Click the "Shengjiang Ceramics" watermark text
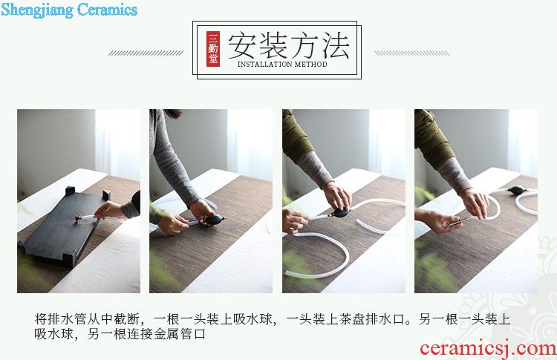pyautogui.click(x=69, y=10)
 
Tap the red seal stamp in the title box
pyautogui.click(x=213, y=49)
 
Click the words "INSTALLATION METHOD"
pyautogui.click(x=282, y=65)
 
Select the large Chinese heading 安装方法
pyautogui.click(x=288, y=45)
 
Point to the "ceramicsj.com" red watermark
pyautogui.click(x=488, y=348)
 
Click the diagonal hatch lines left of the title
pyautogui.click(x=146, y=53)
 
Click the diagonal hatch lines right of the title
pyautogui.click(x=411, y=53)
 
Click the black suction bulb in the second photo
pyautogui.click(x=214, y=220)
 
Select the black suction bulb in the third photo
pyautogui.click(x=339, y=213)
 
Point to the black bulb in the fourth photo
pyautogui.click(x=517, y=190)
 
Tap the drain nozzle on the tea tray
pyautogui.click(x=79, y=218)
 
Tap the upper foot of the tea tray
pyautogui.click(x=70, y=191)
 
